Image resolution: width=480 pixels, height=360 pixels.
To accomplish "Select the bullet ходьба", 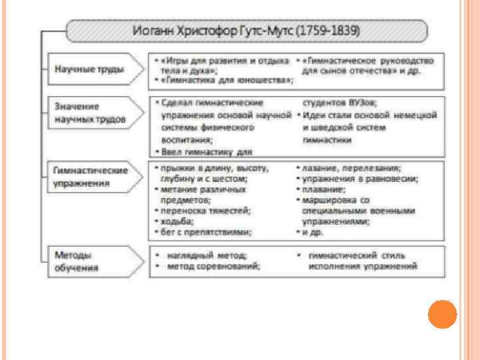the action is coord(177,221).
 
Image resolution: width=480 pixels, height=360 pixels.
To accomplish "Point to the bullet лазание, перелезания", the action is coord(351,168).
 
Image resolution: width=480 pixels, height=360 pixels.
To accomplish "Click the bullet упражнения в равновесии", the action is coord(360,179).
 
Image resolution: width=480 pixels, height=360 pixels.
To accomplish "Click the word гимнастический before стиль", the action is coord(341,255).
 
